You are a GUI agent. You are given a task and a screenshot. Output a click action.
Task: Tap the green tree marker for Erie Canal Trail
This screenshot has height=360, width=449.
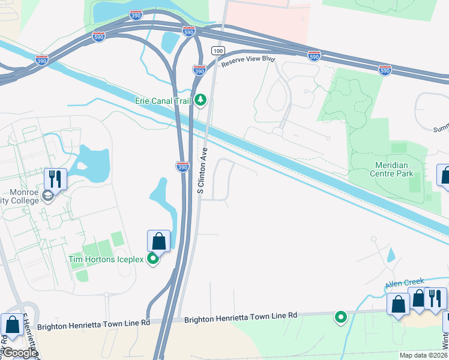click(x=201, y=100)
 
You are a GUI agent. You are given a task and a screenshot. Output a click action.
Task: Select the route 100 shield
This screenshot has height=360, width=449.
click(x=217, y=51)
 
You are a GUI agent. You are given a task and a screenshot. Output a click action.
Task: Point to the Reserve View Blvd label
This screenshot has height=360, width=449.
click(x=247, y=61)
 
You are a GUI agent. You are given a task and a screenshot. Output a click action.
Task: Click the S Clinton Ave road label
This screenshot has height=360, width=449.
click(x=202, y=170)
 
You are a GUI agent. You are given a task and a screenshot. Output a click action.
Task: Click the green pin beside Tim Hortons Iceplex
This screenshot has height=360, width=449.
click(x=154, y=259)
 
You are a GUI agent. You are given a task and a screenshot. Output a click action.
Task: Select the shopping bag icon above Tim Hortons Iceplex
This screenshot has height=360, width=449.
click(x=158, y=241)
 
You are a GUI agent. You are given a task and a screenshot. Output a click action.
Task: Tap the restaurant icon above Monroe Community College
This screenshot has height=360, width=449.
click(x=55, y=178)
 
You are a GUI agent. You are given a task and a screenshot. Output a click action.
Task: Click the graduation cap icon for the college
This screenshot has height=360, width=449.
click(x=47, y=195)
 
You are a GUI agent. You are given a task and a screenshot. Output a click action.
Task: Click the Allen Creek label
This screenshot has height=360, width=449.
click(x=405, y=281)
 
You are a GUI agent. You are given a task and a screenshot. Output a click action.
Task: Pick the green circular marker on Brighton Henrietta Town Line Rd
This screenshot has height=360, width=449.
click(x=341, y=316)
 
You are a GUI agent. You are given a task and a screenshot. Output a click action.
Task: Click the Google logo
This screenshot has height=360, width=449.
click(x=19, y=353)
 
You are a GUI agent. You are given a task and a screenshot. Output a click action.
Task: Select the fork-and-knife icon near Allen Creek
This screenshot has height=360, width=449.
click(x=435, y=298)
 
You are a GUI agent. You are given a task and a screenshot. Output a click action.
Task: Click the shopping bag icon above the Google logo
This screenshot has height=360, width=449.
click(x=12, y=325)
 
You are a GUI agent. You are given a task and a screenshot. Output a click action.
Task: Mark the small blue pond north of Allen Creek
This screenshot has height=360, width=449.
click(x=391, y=256)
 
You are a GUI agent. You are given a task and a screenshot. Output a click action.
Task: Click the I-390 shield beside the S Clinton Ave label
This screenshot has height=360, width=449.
click(x=182, y=166)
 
